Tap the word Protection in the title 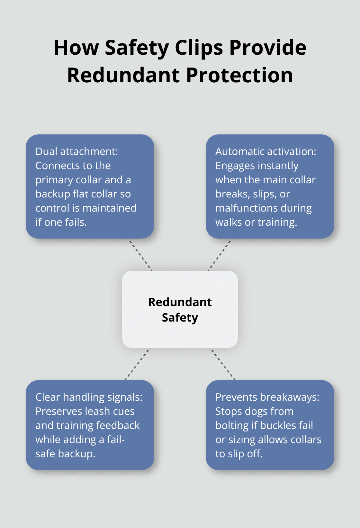tap(239, 75)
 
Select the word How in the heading tap(76, 48)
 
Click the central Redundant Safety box tap(180, 309)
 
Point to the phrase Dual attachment tap(76, 151)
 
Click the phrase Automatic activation tap(265, 151)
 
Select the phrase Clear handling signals tap(89, 397)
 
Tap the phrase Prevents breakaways tap(267, 397)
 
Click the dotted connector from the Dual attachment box tap(140, 255)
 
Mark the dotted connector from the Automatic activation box tap(220, 255)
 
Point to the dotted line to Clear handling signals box tap(137, 364)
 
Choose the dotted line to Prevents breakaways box tap(223, 364)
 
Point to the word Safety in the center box tap(180, 317)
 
